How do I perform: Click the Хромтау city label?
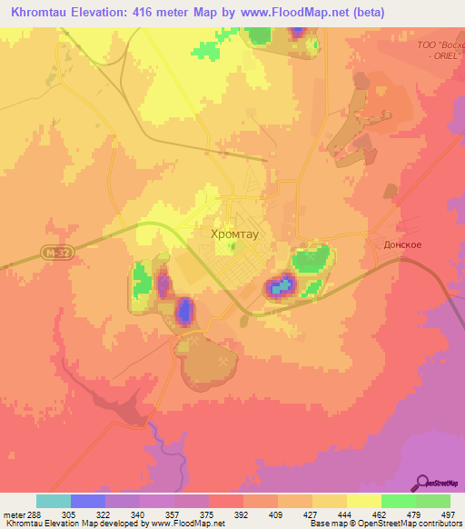coord(233,234)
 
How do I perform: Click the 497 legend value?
coord(449,514)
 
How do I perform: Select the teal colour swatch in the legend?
coord(54,501)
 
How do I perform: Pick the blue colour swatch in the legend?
coord(88,501)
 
